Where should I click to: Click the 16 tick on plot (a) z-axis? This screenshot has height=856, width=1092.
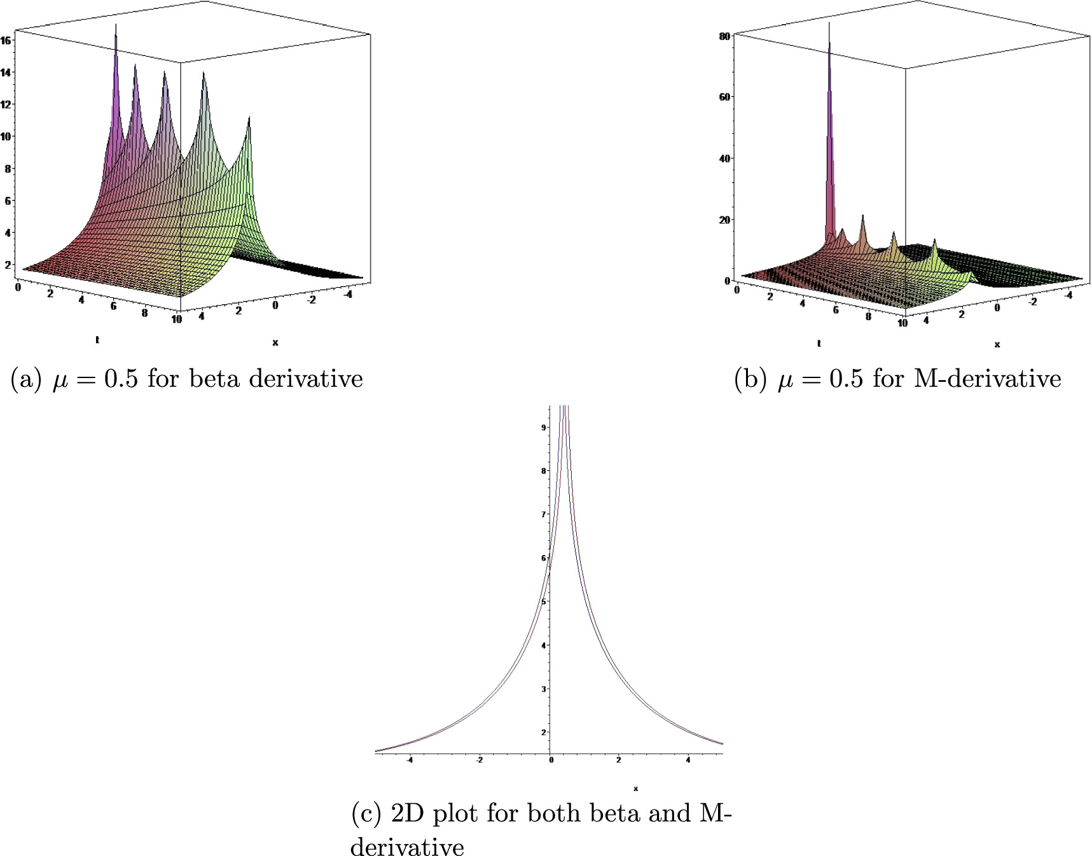pyautogui.click(x=6, y=40)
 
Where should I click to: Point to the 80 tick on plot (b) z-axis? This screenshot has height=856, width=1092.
pyautogui.click(x=724, y=36)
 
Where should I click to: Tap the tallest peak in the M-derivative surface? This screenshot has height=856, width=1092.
pyautogui.click(x=829, y=25)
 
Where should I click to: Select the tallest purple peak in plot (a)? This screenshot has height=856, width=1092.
pyautogui.click(x=116, y=27)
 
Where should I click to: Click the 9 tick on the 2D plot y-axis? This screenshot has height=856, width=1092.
pyautogui.click(x=544, y=427)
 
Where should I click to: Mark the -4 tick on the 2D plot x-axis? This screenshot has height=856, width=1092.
pyautogui.click(x=410, y=760)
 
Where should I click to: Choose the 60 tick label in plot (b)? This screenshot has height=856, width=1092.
pyautogui.click(x=724, y=97)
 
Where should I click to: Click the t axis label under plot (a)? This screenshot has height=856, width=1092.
pyautogui.click(x=97, y=340)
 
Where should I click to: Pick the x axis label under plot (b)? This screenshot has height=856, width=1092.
pyautogui.click(x=997, y=344)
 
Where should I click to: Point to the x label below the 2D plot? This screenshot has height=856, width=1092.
pyautogui.click(x=635, y=789)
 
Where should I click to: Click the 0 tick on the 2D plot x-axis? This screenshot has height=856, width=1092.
pyautogui.click(x=551, y=760)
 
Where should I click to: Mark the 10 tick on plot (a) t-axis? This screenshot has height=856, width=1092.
pyautogui.click(x=176, y=319)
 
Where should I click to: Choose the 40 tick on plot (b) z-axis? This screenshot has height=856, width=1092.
pyautogui.click(x=724, y=158)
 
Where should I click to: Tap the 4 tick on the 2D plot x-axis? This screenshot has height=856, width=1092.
pyautogui.click(x=688, y=760)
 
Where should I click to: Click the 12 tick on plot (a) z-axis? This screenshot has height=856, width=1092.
pyautogui.click(x=6, y=104)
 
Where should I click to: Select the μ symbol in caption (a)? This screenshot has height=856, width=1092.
pyautogui.click(x=60, y=381)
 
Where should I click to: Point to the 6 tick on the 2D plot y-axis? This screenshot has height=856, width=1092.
pyautogui.click(x=544, y=558)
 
